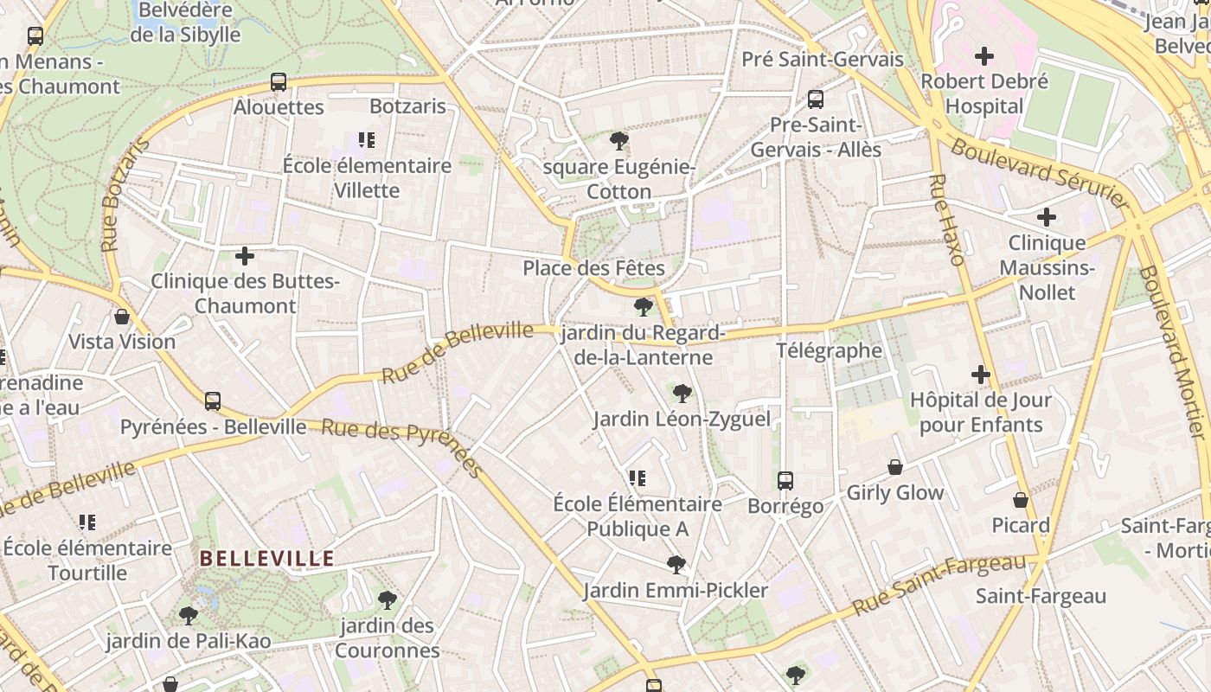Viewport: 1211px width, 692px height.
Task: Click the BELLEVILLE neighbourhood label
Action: point(267,559)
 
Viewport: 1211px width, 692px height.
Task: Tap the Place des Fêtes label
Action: point(593,268)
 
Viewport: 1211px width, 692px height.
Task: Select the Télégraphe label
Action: point(829,350)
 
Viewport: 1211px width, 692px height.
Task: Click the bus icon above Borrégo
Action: point(785,480)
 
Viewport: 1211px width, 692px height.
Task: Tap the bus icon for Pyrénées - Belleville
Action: point(213,401)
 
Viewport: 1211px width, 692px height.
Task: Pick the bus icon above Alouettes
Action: point(279,82)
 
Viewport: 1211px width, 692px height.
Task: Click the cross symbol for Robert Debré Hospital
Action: point(984,56)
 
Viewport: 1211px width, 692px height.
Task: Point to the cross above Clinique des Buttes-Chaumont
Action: point(245,256)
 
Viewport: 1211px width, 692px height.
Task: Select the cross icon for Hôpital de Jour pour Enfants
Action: point(980,375)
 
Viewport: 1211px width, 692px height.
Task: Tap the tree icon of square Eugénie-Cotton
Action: point(618,141)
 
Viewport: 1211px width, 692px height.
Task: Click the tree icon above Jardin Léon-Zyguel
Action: point(682,394)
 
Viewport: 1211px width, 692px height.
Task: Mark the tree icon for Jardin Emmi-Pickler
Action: point(676,565)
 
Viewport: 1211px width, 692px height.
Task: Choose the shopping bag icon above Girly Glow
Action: point(895,467)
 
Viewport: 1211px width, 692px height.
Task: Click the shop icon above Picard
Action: point(1021,500)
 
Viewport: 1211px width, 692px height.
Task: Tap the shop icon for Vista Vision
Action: point(122,317)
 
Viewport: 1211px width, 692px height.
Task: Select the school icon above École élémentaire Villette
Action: point(367,139)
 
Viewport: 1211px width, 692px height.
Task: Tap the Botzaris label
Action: point(407,106)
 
